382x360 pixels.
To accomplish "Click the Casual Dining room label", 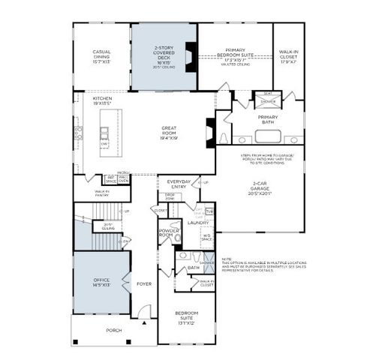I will [x=101, y=55].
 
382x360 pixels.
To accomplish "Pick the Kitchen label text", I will [x=102, y=99].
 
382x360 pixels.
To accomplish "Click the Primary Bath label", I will [x=268, y=118].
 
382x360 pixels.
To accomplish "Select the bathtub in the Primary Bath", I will [x=268, y=136].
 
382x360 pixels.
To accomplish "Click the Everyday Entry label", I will [x=179, y=184].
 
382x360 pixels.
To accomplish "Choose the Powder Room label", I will [x=166, y=234].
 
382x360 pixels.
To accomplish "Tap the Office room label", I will [x=101, y=281].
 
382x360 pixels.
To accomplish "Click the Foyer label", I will [x=144, y=284].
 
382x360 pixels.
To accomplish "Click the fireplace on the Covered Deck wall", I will [x=191, y=57].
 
